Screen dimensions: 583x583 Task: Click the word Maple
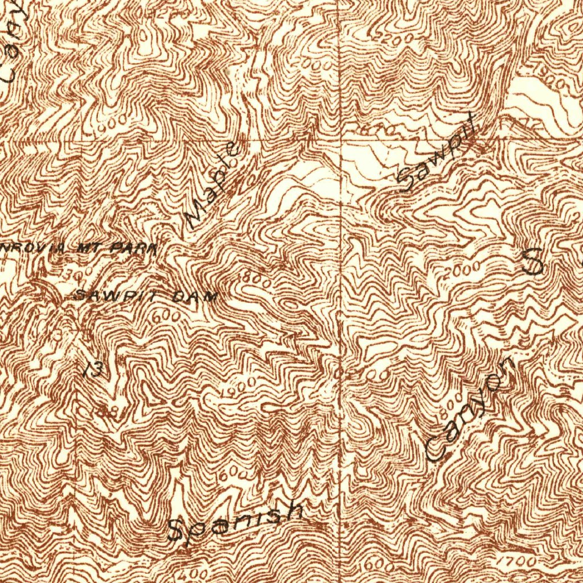pyautogui.click(x=212, y=185)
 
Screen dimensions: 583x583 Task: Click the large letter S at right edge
pyautogui.click(x=533, y=261)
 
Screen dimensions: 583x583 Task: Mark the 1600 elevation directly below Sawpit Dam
pyautogui.click(x=167, y=315)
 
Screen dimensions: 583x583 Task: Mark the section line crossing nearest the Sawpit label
pyautogui.click(x=340, y=141)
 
